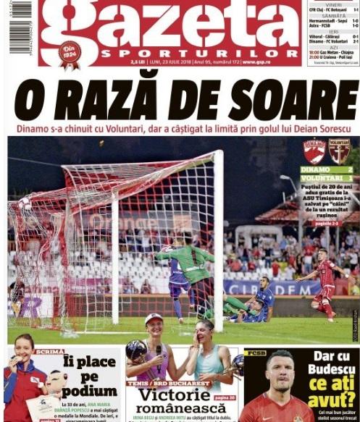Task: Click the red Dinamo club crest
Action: click(x=314, y=151)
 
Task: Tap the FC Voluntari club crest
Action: click(x=338, y=151)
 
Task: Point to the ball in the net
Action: click(x=27, y=204)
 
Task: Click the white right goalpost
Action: click(x=218, y=239)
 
